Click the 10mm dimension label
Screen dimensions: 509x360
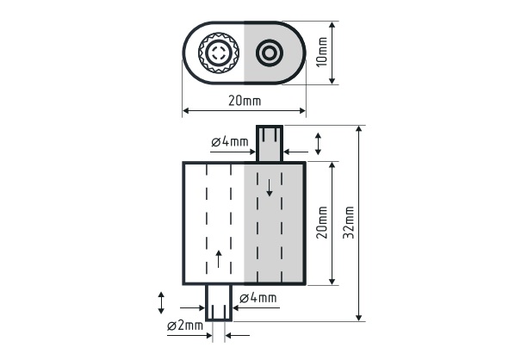(x=322, y=53)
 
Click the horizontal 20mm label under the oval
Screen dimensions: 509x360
(x=245, y=101)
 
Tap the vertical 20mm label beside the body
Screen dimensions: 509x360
(x=322, y=222)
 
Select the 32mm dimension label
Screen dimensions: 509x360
(x=349, y=222)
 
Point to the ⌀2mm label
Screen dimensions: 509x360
(x=185, y=325)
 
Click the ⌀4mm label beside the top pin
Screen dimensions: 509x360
(x=230, y=141)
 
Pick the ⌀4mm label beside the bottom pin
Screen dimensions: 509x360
(x=258, y=298)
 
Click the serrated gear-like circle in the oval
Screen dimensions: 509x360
(x=219, y=53)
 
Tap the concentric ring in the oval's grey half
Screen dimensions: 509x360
(x=269, y=53)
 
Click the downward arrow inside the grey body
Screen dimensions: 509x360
(x=269, y=188)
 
